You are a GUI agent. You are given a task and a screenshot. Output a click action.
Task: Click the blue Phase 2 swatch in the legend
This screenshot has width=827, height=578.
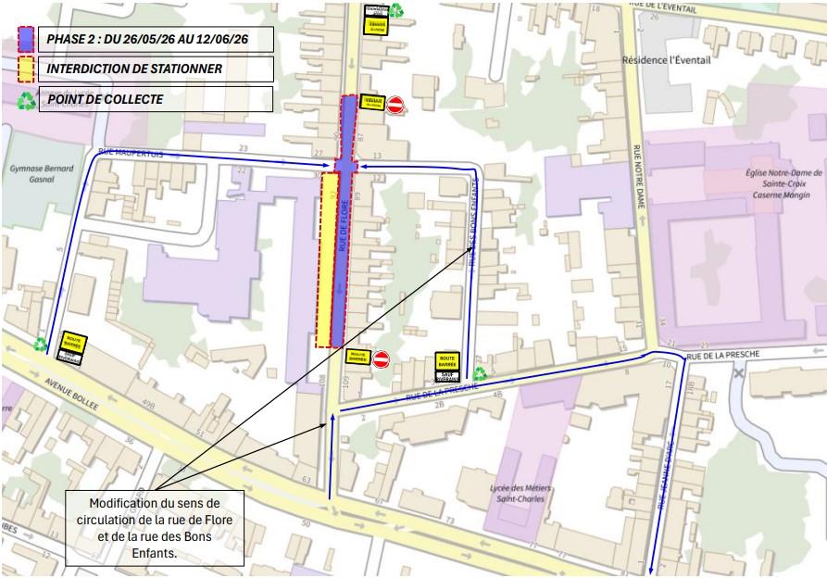pyautogui.click(x=27, y=39)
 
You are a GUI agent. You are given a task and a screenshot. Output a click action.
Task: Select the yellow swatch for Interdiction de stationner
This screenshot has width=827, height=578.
pyautogui.click(x=27, y=69)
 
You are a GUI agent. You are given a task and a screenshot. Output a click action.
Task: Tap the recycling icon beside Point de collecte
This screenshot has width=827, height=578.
pyautogui.click(x=27, y=100)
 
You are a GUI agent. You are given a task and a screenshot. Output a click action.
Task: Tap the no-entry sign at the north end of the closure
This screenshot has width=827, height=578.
pyautogui.click(x=395, y=105)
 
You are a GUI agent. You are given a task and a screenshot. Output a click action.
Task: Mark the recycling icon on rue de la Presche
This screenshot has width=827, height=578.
pyautogui.click(x=481, y=373)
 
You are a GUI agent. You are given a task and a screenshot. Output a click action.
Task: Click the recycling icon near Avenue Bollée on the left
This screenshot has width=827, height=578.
pyautogui.click(x=42, y=345)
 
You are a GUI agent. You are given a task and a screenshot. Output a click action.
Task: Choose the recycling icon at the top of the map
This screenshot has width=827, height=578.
pyautogui.click(x=396, y=10)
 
